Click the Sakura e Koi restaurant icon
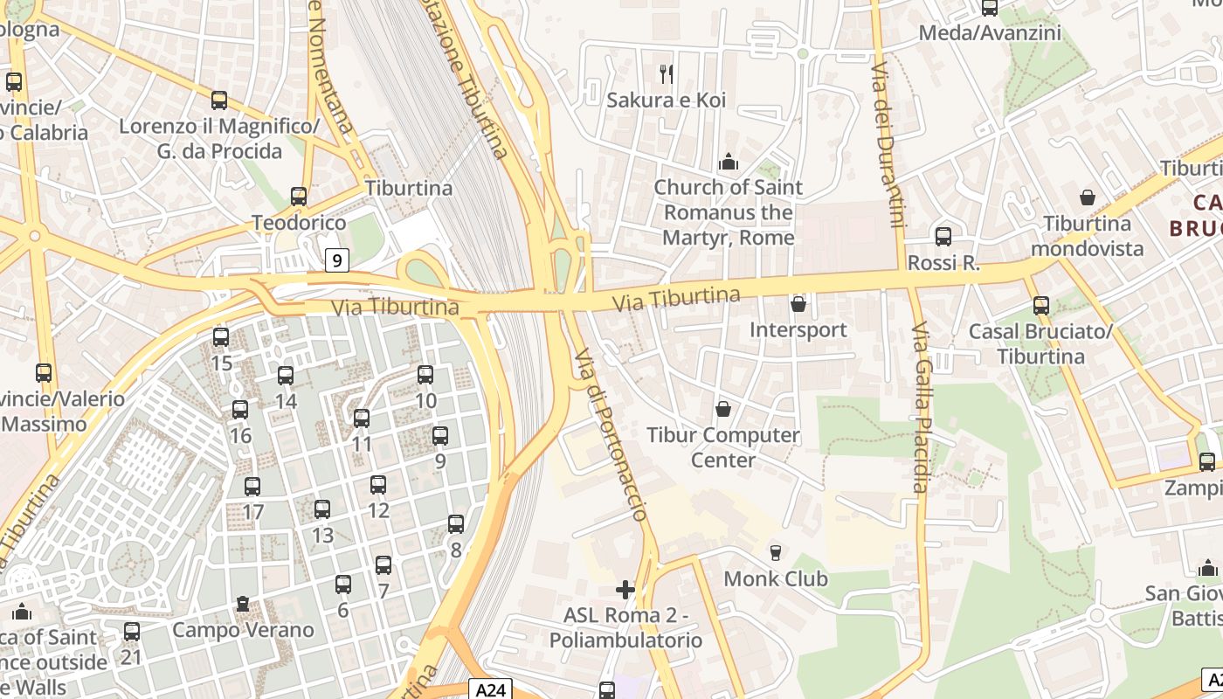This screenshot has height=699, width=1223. [667, 74]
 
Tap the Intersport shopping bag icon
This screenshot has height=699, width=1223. [798, 304]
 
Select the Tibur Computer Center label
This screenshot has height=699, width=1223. [722, 447]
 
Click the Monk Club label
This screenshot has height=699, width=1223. [776, 578]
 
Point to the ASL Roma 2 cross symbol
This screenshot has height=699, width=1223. [625, 590]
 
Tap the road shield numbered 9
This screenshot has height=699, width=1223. [337, 260]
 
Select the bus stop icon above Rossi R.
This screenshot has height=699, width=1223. [943, 236]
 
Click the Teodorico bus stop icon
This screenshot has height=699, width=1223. [299, 197]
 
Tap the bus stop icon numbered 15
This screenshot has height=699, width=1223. [221, 336]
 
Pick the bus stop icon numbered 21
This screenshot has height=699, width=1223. [131, 631]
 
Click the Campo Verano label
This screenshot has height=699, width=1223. [243, 630]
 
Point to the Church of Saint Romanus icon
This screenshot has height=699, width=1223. [728, 162]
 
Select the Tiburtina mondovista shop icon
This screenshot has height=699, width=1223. [1088, 197]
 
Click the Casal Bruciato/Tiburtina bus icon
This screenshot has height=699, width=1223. [1040, 306]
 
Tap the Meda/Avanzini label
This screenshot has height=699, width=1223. [990, 33]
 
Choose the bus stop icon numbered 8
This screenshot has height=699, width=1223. [455, 523]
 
